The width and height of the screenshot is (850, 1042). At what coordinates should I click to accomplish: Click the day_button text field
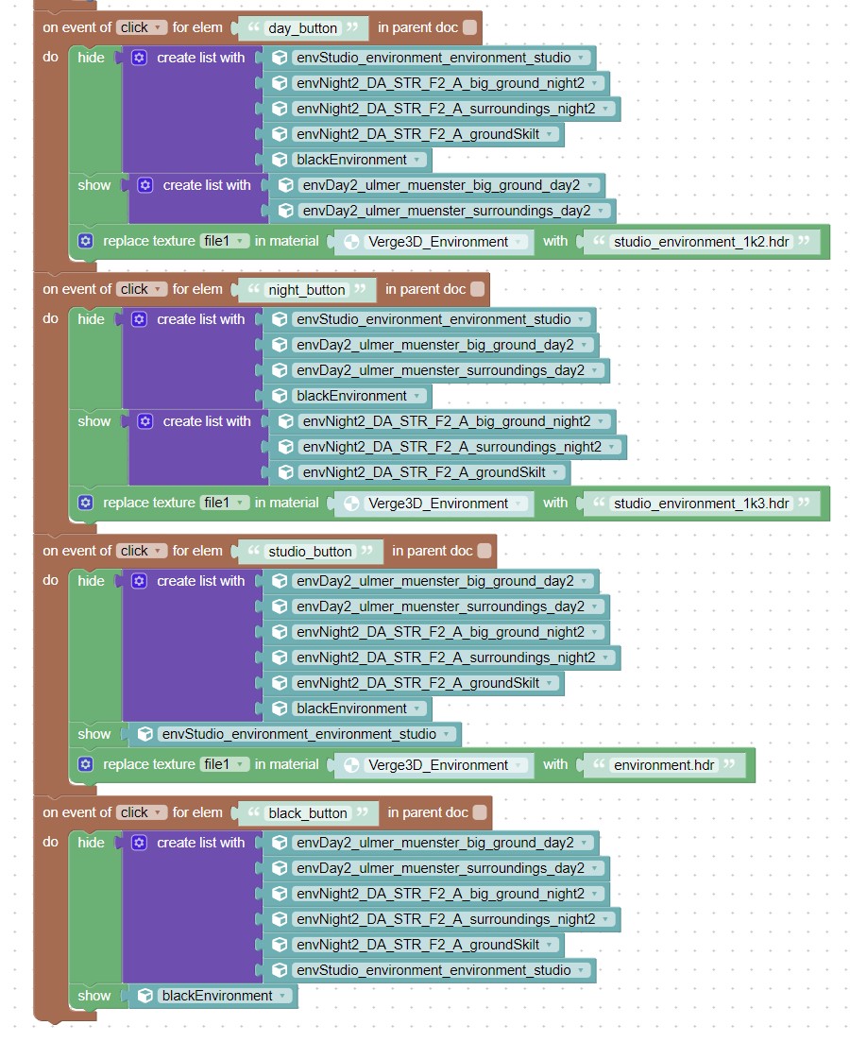coord(302,28)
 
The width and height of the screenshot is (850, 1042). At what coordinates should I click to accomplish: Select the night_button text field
coord(306,290)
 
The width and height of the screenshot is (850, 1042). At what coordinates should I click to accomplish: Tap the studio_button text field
coord(310,552)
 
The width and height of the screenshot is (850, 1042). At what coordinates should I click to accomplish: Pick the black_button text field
coord(308,813)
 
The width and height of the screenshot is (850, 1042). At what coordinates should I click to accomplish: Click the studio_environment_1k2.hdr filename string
coord(701,242)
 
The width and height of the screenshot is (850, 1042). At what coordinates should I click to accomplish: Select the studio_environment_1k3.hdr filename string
coord(701,504)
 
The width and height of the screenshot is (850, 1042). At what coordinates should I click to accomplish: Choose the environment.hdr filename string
coord(664,765)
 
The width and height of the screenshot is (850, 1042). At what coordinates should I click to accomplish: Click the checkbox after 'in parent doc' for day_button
coord(469,27)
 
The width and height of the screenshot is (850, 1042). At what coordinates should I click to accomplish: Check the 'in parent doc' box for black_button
coord(480,812)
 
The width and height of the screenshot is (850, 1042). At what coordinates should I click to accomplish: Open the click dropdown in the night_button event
coord(142,289)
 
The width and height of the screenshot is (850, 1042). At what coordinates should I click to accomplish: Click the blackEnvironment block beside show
coord(213,996)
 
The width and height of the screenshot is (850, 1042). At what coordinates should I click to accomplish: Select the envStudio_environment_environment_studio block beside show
coord(295,734)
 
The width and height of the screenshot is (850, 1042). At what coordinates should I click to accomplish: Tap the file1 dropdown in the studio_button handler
coord(224,764)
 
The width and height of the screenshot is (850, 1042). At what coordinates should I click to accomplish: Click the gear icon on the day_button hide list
coord(139,58)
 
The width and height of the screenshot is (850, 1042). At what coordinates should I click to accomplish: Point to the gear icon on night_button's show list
coord(145,421)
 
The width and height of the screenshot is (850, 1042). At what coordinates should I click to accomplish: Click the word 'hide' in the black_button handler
coord(91,843)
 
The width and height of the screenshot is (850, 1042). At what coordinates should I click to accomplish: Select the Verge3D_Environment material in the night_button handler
coord(438,504)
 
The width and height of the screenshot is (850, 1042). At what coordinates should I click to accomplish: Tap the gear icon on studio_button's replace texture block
coord(86,764)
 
